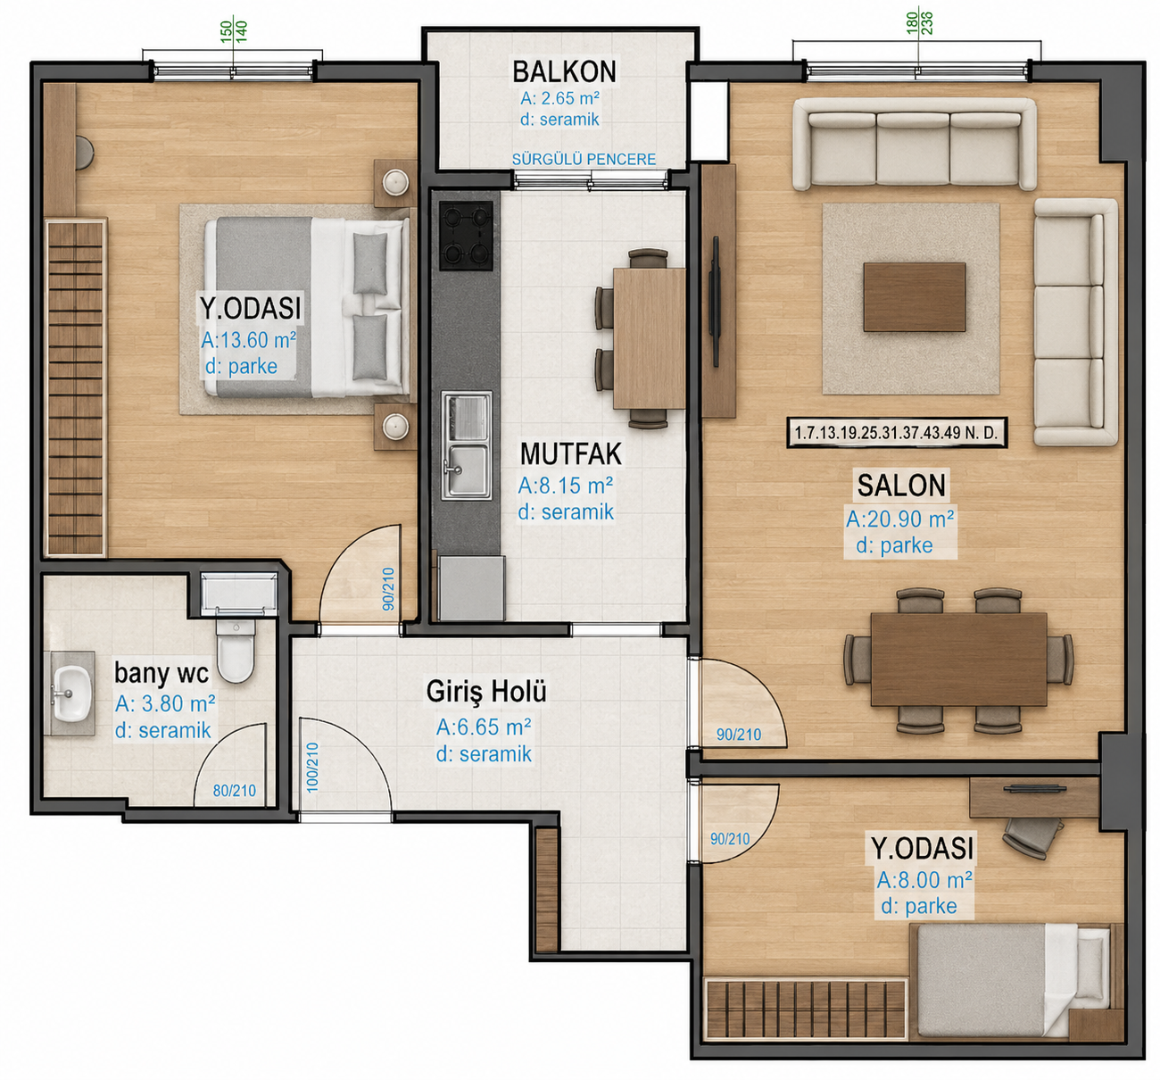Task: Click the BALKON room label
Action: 564,72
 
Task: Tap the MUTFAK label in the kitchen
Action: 571,453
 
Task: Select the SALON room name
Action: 901,485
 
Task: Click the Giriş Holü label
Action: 486,692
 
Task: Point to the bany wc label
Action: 162,673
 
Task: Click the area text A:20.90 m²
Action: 900,519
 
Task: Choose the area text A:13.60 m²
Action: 248,339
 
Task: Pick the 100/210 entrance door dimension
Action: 312,768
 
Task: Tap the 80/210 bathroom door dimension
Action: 234,791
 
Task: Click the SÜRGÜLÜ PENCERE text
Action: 584,159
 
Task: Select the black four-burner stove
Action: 466,237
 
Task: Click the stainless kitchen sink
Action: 466,445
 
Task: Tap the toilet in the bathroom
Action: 236,651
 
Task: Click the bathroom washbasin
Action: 72,694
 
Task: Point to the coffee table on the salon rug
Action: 914,297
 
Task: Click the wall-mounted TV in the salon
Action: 715,302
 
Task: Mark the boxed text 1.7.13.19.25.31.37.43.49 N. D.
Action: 897,433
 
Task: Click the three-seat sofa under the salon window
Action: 914,144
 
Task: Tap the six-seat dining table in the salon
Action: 958,660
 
